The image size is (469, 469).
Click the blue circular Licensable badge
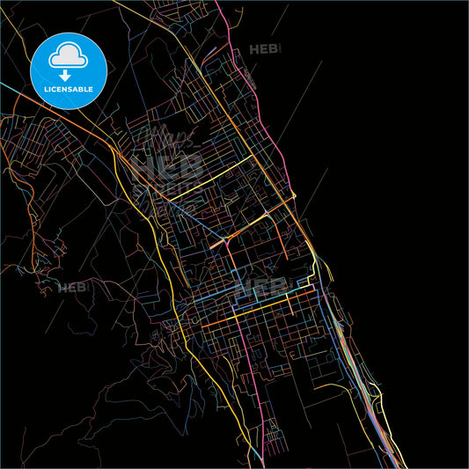(x=69, y=71)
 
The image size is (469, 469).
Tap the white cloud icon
(x=69, y=57)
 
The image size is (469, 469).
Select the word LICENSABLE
(x=69, y=89)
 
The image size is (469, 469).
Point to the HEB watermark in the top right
(x=266, y=50)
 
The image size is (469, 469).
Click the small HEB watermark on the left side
(x=74, y=287)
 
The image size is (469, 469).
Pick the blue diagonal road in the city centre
(x=198, y=216)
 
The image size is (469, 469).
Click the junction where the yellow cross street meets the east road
(x=294, y=195)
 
